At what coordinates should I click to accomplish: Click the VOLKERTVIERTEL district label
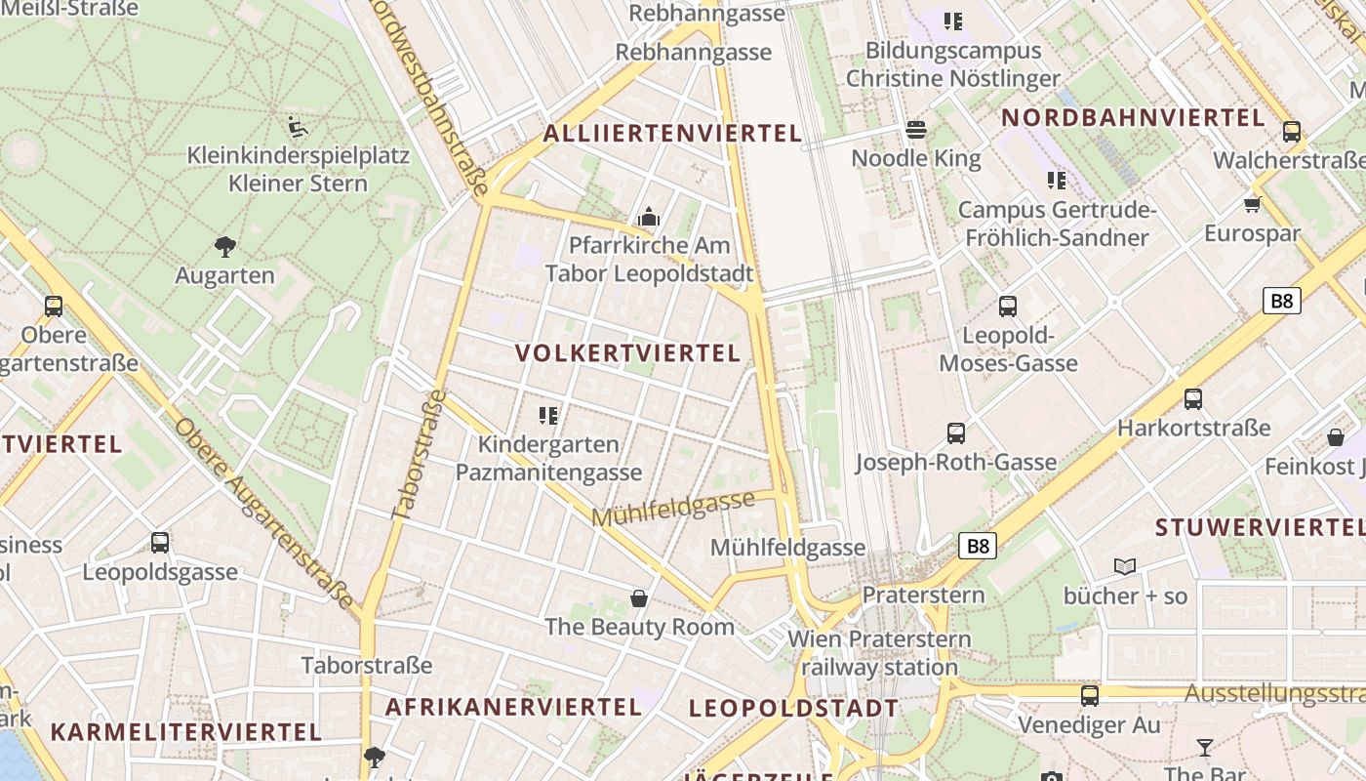pos(627,353)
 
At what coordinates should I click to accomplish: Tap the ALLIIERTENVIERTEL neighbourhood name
pos(672,134)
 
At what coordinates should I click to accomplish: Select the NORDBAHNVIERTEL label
pos(1133,118)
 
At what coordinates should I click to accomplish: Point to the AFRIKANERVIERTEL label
pos(513,707)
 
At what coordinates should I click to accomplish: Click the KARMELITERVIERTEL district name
pos(185,731)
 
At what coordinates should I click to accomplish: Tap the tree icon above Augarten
pos(225,247)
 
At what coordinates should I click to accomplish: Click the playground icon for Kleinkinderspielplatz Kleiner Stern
pos(299,126)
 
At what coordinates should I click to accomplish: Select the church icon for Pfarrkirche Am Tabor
pos(649,217)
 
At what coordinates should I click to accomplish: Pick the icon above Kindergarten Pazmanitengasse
pos(548,416)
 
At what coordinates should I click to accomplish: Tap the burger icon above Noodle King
pos(915,129)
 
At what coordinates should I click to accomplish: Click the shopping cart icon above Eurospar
pos(1253,204)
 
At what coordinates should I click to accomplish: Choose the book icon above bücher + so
pos(1125,566)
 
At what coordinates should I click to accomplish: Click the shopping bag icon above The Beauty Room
pos(639,597)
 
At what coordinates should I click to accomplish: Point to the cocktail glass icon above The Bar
pos(1205,747)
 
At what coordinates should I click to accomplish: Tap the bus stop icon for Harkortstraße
pos(1193,398)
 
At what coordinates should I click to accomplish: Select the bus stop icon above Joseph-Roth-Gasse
pos(956,432)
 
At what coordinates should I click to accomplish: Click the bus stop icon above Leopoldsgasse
pos(160,543)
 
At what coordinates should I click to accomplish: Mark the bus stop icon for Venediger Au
pos(1089,696)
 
